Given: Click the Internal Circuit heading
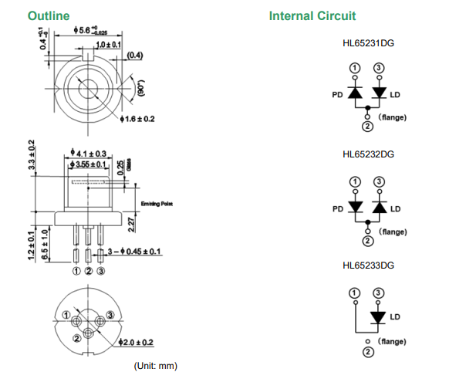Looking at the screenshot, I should coord(312,15).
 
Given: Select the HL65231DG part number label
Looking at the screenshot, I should coord(368,44).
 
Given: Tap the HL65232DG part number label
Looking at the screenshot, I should coord(368,154).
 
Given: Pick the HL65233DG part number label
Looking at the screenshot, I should coord(368,265).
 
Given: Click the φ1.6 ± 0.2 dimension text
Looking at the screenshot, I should coord(140,120).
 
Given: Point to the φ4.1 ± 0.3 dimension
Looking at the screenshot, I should coord(89,154).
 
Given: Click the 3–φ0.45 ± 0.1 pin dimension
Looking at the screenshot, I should coord(134,252).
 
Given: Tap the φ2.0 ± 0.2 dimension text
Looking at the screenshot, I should coord(139,342).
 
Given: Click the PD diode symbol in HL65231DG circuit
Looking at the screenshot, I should coord(355,93).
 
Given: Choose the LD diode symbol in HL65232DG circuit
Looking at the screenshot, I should coord(379,208).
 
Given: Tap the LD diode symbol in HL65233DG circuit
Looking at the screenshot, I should coord(379,317).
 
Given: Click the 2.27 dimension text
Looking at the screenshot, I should coord(133,225).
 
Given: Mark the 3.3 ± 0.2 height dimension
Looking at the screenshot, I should coord(31,155).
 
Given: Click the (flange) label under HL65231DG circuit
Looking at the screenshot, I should coord(393,117).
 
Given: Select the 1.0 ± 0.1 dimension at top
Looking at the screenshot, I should coord(107,46).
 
